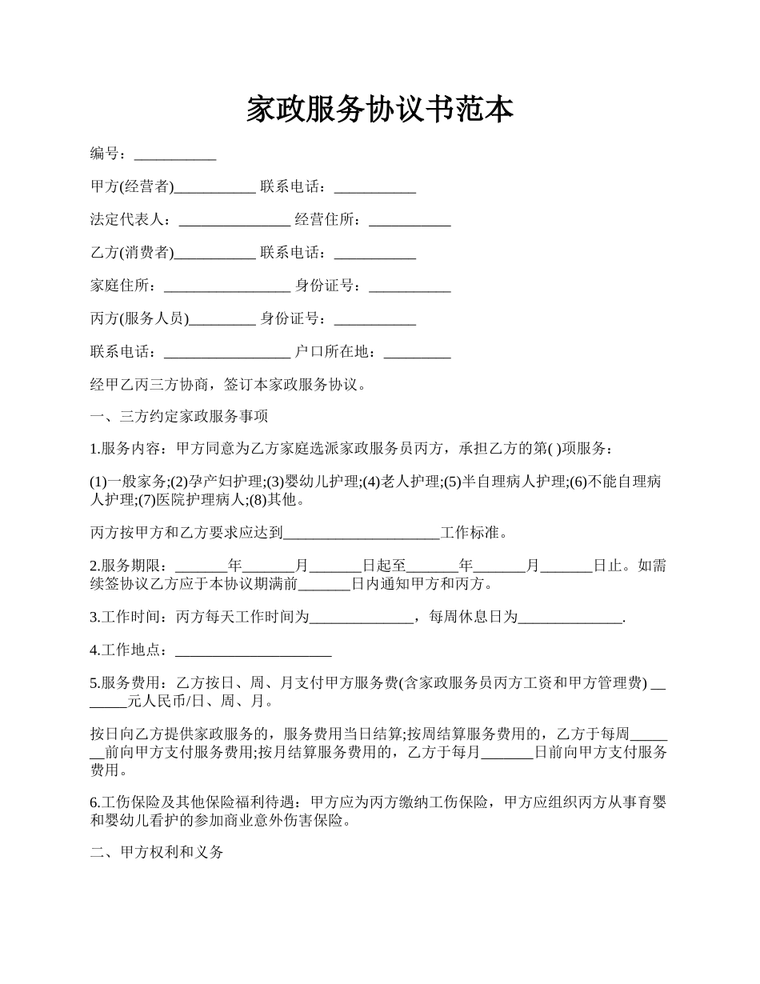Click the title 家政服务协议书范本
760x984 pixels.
pyautogui.click(x=379, y=109)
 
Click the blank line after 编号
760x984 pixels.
pyautogui.click(x=174, y=155)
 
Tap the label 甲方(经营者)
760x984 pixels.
pyautogui.click(x=131, y=187)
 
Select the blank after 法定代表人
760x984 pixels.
pyautogui.click(x=234, y=221)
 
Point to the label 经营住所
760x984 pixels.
pyautogui.click(x=328, y=220)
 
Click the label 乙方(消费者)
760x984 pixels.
pyautogui.click(x=131, y=254)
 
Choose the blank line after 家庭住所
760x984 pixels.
pyautogui.click(x=226, y=286)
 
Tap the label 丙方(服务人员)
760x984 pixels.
pyautogui.click(x=139, y=319)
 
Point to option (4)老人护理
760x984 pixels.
pyautogui.click(x=401, y=482)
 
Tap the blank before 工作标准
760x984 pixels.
pyautogui.click(x=362, y=534)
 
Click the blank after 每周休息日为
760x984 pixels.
pyautogui.click(x=570, y=618)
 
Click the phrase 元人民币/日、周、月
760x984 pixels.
pyautogui.click(x=199, y=702)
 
